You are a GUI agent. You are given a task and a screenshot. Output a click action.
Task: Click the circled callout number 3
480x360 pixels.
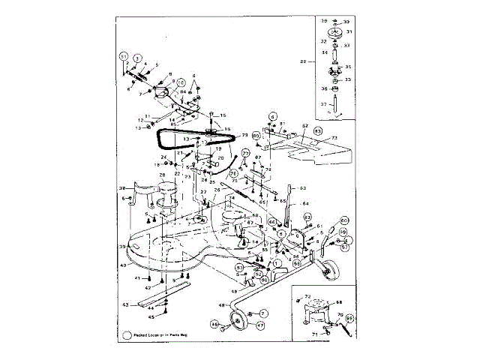(x=138, y=57)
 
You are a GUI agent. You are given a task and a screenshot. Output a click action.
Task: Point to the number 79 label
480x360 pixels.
(x=244, y=136)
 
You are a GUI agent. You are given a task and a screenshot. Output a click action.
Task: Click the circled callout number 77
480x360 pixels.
(x=244, y=154)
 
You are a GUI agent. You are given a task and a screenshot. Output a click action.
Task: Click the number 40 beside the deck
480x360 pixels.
(x=123, y=265)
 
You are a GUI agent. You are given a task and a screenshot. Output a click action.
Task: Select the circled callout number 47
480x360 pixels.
(x=260, y=325)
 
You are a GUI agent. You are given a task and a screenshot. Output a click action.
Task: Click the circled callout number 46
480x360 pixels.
(x=214, y=325)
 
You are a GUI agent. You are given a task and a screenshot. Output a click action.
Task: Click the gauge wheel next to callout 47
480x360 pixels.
(x=241, y=325)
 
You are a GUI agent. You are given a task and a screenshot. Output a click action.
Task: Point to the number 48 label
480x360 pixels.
(x=221, y=304)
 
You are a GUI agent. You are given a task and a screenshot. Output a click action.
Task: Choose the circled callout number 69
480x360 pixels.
(x=349, y=319)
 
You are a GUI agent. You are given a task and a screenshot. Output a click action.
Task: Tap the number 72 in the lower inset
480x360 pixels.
(x=307, y=298)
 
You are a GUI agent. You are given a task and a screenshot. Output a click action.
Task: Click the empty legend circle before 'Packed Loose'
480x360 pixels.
(x=127, y=336)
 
